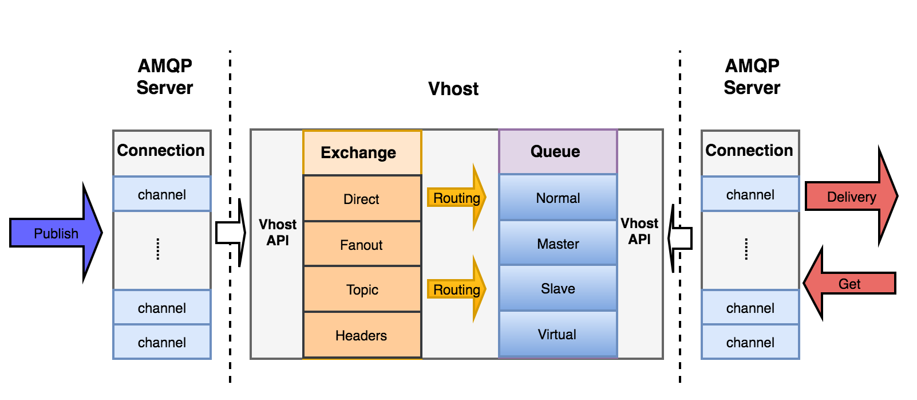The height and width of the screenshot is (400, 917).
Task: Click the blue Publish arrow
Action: [x=56, y=233]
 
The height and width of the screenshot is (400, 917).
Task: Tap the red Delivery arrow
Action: [x=852, y=197]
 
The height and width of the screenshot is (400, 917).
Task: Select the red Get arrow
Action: [x=849, y=283]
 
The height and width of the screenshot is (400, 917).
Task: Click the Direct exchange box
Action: [x=362, y=198]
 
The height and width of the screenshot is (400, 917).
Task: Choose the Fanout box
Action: [x=362, y=244]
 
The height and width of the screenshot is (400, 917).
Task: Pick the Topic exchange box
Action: [x=362, y=289]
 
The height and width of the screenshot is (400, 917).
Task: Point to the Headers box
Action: [x=362, y=335]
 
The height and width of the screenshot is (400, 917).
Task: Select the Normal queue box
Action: [x=558, y=198]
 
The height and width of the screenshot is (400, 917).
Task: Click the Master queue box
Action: [x=558, y=244]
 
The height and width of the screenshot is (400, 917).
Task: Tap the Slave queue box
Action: [x=558, y=288]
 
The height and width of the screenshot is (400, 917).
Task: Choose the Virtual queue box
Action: [x=558, y=335]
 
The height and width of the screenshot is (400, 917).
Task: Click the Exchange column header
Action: [x=362, y=152]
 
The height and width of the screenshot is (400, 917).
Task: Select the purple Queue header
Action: [x=558, y=152]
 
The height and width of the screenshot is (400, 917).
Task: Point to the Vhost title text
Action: [x=453, y=88]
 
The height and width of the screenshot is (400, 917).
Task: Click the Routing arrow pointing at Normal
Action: [x=456, y=198]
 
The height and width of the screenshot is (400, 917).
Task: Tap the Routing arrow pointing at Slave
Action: [x=456, y=289]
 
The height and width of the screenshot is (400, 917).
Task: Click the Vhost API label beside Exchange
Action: [x=278, y=232]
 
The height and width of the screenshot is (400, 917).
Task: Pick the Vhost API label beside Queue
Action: [x=639, y=231]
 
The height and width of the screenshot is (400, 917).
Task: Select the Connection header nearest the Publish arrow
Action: [x=161, y=150]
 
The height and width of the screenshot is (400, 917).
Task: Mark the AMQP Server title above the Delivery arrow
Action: [x=752, y=77]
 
